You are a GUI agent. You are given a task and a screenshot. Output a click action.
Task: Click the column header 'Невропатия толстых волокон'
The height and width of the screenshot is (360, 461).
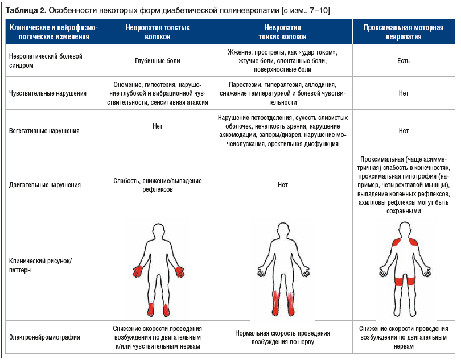[157, 32]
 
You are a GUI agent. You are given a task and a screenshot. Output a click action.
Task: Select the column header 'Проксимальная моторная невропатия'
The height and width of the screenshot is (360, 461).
[403, 32]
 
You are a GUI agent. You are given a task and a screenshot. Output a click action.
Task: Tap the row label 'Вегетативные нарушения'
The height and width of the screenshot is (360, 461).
[44, 131]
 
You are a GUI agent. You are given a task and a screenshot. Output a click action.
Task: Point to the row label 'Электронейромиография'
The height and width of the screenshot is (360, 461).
[44, 337]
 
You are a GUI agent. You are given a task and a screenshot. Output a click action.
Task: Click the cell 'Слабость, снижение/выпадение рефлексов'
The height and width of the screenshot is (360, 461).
[157, 185]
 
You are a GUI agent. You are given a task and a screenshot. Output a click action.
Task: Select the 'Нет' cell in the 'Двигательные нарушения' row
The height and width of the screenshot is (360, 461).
[282, 185]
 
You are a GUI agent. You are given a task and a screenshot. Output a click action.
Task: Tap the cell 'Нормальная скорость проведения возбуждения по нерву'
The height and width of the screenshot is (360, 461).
[282, 337]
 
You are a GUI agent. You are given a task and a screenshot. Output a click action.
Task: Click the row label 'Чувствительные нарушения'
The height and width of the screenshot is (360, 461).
[44, 93]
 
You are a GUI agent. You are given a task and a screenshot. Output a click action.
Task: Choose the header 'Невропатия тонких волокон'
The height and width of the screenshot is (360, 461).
[282, 32]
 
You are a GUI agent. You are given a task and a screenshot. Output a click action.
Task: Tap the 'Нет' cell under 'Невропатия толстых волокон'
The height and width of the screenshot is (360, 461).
[157, 126]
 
